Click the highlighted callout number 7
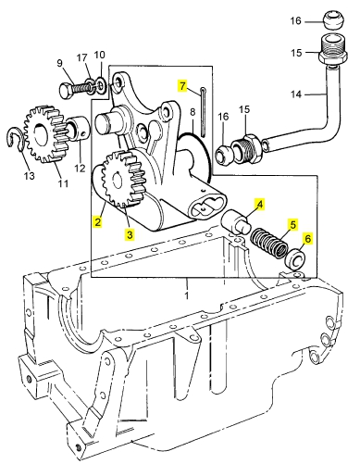[182, 86]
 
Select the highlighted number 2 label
[98, 221]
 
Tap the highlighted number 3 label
[130, 234]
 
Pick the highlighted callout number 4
[260, 204]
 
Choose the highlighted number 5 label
[292, 224]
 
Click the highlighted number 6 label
[307, 238]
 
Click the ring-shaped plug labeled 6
[296, 258]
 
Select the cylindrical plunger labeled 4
[236, 222]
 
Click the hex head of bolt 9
[66, 91]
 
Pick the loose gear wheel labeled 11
[43, 134]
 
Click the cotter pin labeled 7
[205, 111]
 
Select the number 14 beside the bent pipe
[296, 94]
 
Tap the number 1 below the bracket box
[187, 295]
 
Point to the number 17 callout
[81, 57]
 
